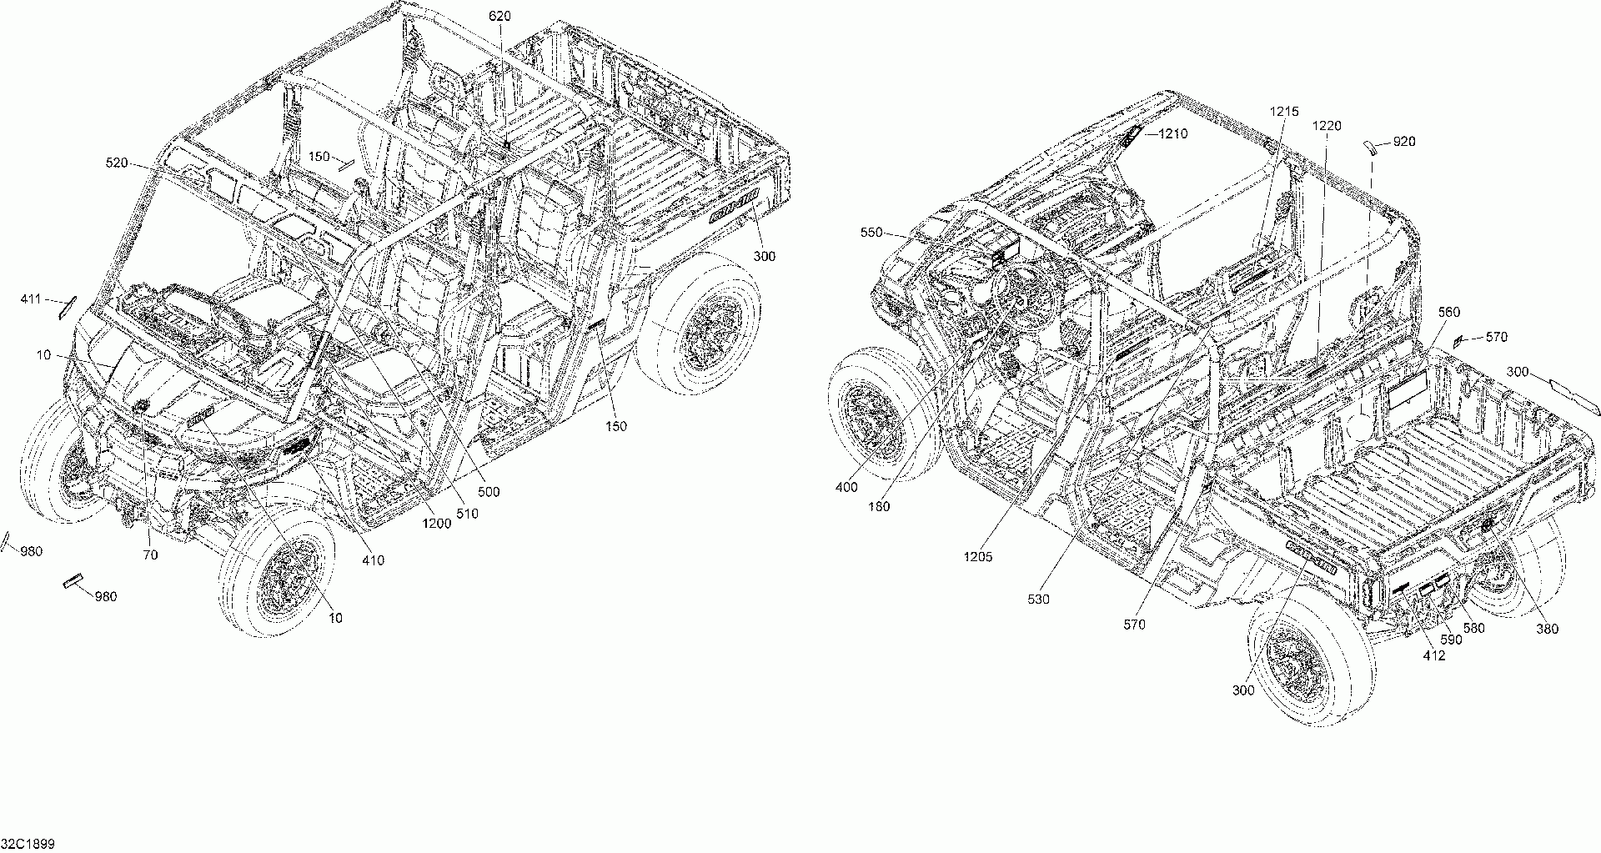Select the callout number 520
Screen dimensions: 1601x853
(x=117, y=163)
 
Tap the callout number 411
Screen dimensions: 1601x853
(x=31, y=299)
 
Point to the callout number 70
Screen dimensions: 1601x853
(x=150, y=554)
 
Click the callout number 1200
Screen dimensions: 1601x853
(x=436, y=524)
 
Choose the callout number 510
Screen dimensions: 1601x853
(x=468, y=514)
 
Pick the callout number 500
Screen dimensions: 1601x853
(x=489, y=492)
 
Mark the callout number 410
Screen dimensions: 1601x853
(x=374, y=560)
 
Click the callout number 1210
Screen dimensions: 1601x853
(x=1172, y=133)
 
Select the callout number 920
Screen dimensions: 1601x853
(x=1404, y=142)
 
